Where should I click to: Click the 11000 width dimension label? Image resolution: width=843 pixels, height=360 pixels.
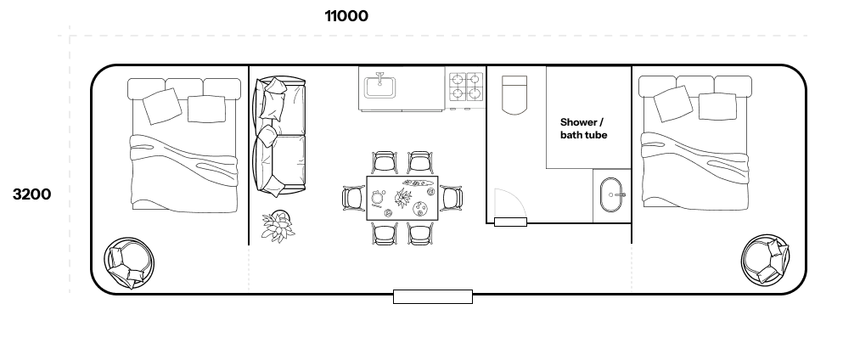346,16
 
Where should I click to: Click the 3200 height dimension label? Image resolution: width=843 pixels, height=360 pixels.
31,194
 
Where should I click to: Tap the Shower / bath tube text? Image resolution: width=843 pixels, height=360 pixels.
584,128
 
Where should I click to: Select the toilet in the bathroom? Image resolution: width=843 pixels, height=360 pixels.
514,94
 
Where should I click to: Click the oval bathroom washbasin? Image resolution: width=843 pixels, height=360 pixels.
612,195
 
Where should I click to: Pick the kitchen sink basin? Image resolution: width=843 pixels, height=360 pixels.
380,87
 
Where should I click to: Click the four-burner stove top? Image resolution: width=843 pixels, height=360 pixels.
465,87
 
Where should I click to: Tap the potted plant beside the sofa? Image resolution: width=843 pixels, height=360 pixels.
278,226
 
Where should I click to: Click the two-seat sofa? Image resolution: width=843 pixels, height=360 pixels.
279,136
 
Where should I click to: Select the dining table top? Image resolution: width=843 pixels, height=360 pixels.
402,198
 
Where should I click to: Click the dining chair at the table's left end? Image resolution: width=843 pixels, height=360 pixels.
354,198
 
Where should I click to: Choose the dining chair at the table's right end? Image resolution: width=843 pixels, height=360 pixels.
451,198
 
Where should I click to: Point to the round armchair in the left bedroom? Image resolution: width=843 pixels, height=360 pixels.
130,263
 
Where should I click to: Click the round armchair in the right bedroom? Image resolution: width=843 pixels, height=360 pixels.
766,261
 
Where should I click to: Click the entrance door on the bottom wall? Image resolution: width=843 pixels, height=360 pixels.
433,296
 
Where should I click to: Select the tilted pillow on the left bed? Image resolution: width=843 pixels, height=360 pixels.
162,106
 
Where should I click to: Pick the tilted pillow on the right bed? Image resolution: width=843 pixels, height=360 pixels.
672,104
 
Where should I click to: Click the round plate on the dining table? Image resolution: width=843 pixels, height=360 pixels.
420,209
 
